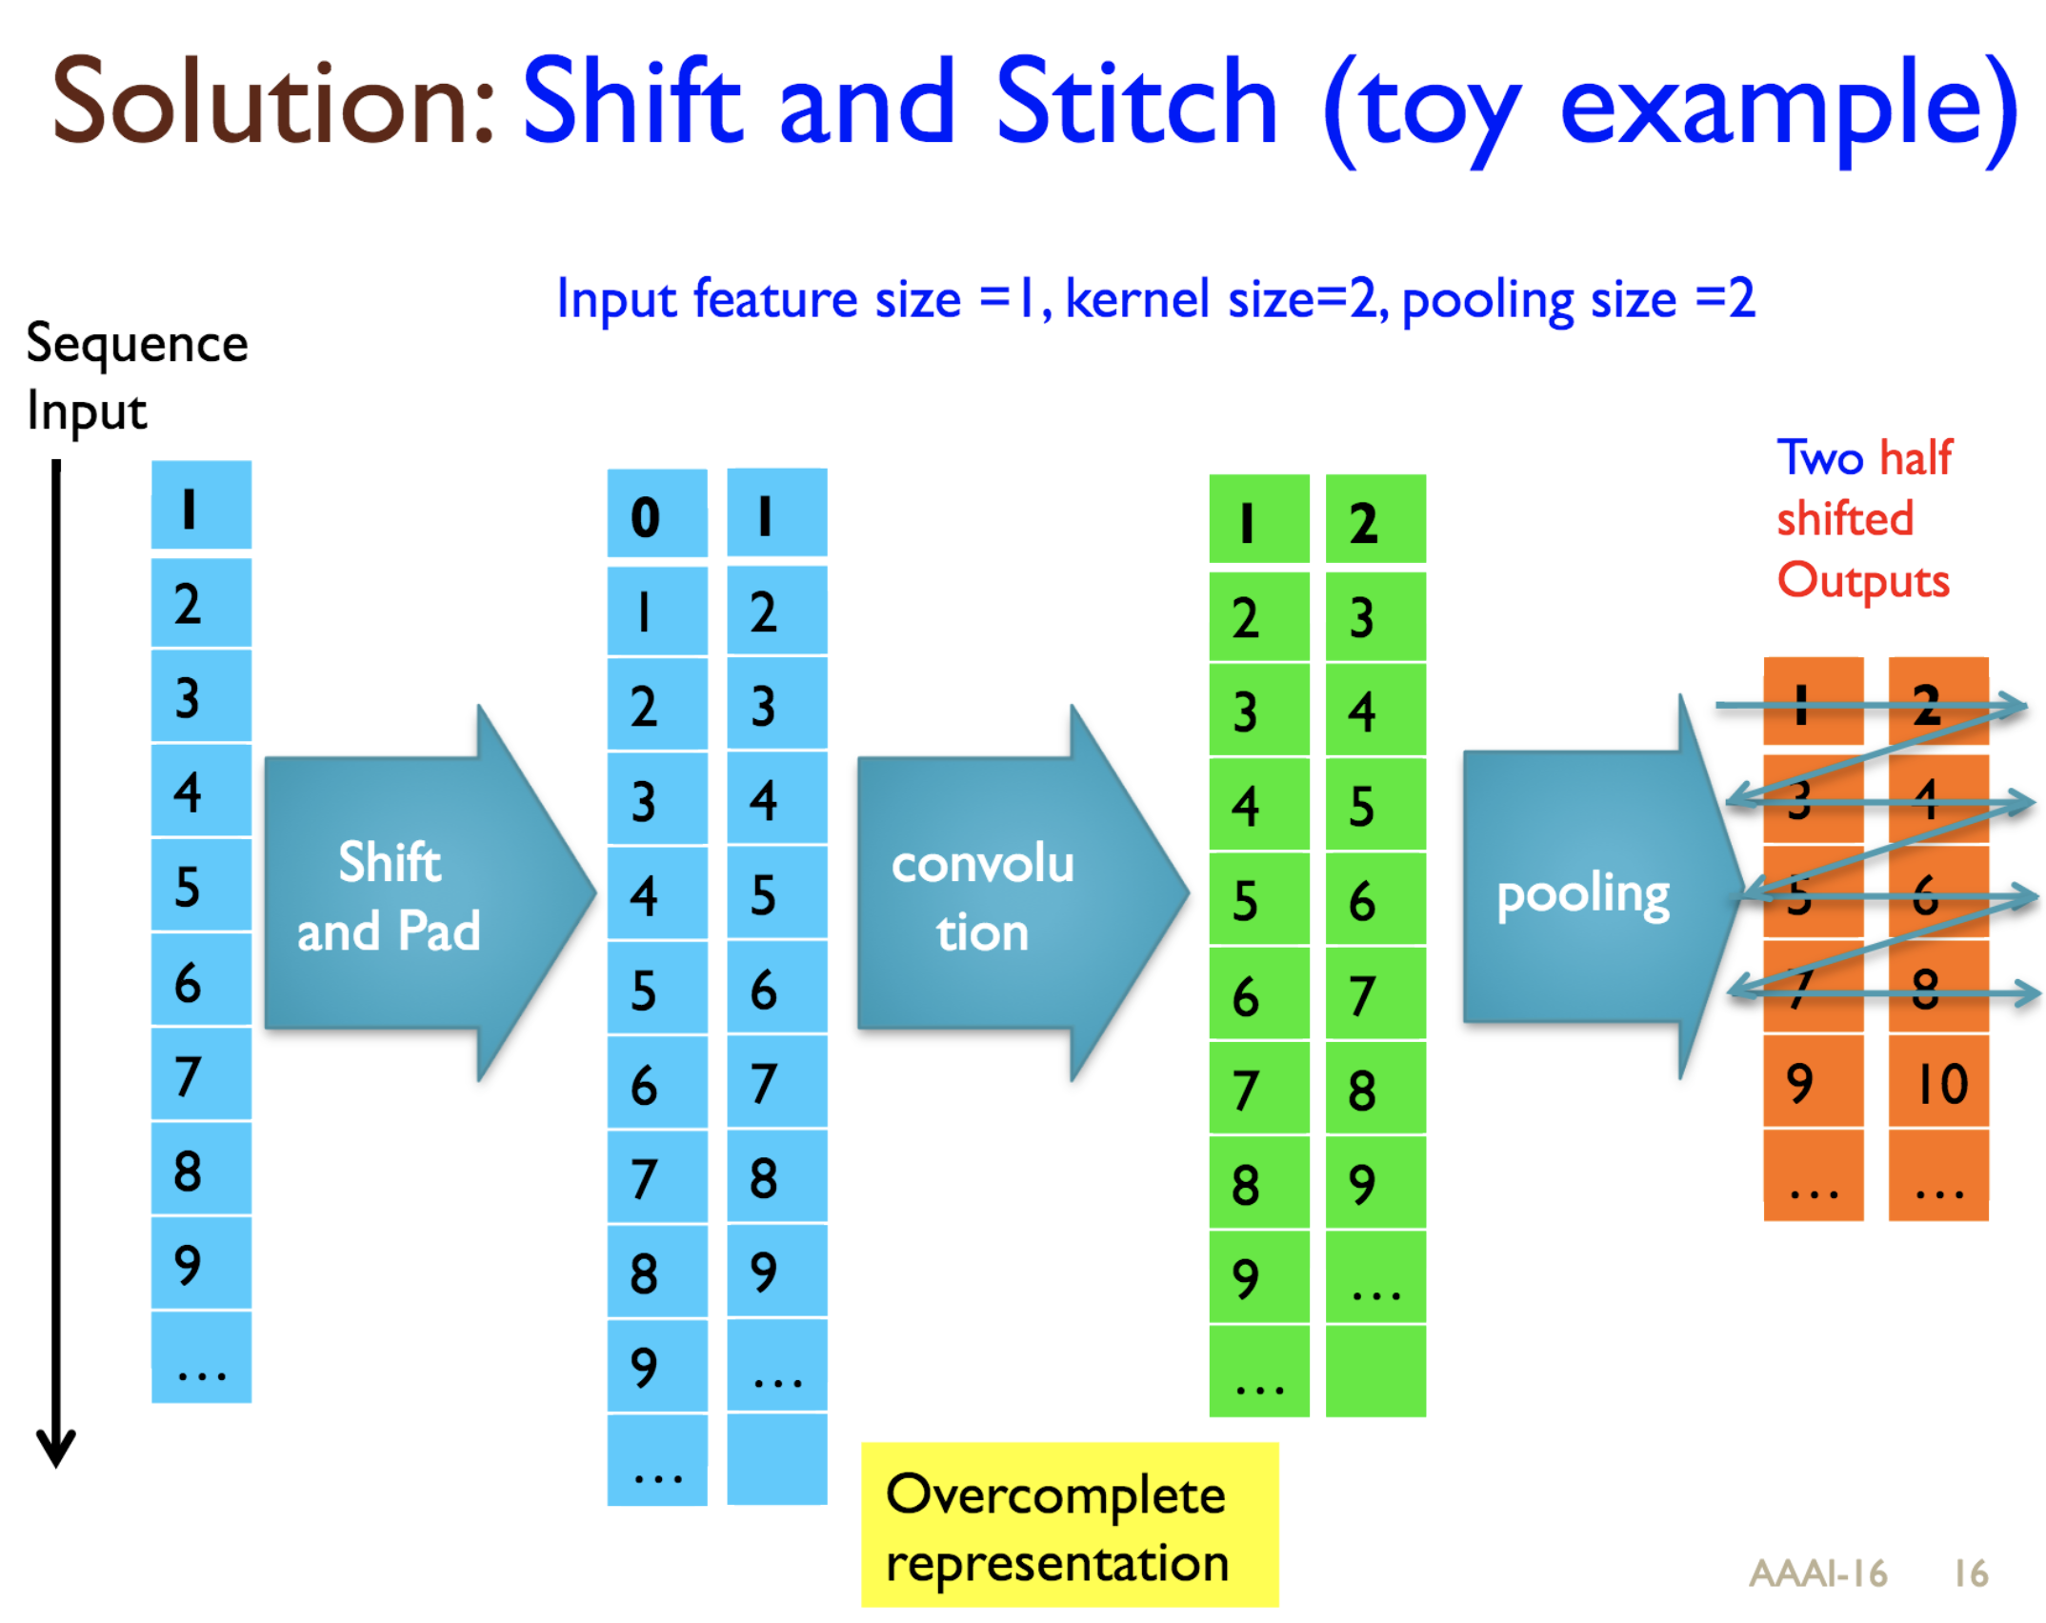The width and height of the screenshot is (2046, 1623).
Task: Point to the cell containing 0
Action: tap(657, 515)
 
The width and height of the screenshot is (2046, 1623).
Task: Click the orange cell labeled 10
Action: tap(1937, 1082)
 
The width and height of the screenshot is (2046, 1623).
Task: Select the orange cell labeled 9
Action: tap(1813, 1082)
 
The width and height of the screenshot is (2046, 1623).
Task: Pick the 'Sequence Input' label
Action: tap(136, 377)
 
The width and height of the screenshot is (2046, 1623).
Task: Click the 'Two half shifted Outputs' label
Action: tap(1863, 520)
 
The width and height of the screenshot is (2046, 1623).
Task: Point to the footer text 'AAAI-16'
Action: tap(1817, 1573)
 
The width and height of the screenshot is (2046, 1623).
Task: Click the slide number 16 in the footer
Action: tap(1970, 1573)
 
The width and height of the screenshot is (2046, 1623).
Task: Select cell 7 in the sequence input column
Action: tap(201, 1074)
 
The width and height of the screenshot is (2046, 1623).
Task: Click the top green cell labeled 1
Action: tap(1258, 521)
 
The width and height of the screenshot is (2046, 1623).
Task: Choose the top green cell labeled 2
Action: tap(1374, 521)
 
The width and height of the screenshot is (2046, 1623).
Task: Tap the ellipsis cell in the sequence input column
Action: tap(201, 1357)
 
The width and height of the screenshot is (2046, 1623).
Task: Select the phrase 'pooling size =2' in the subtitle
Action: tap(1577, 299)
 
